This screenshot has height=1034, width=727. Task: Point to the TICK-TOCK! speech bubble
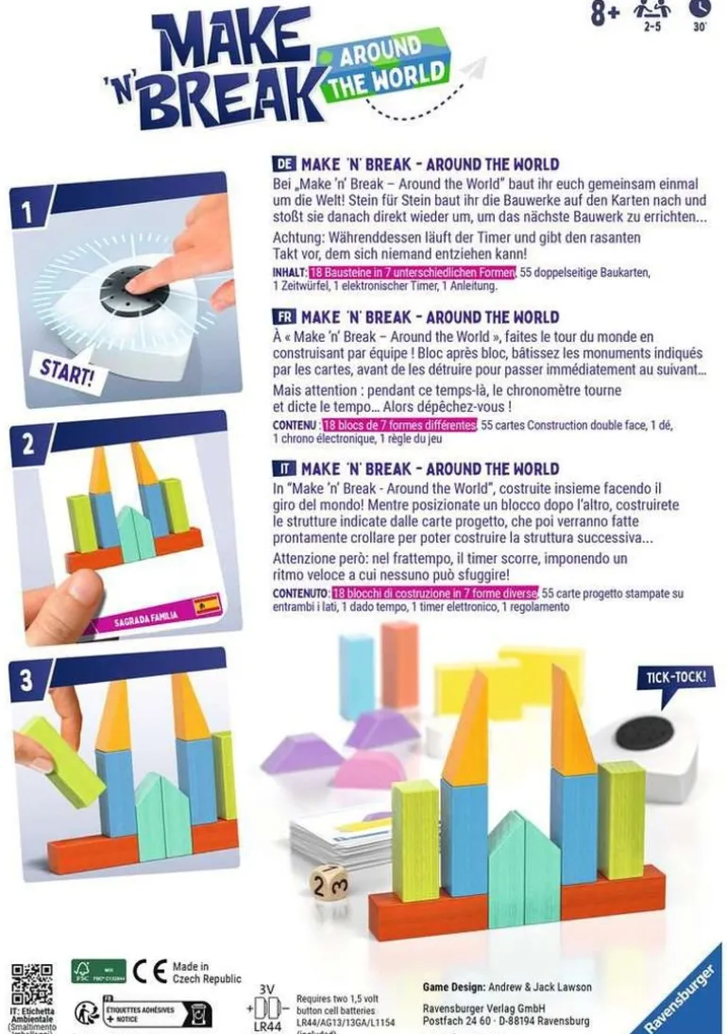click(x=676, y=677)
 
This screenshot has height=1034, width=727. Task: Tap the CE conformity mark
click(x=149, y=972)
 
